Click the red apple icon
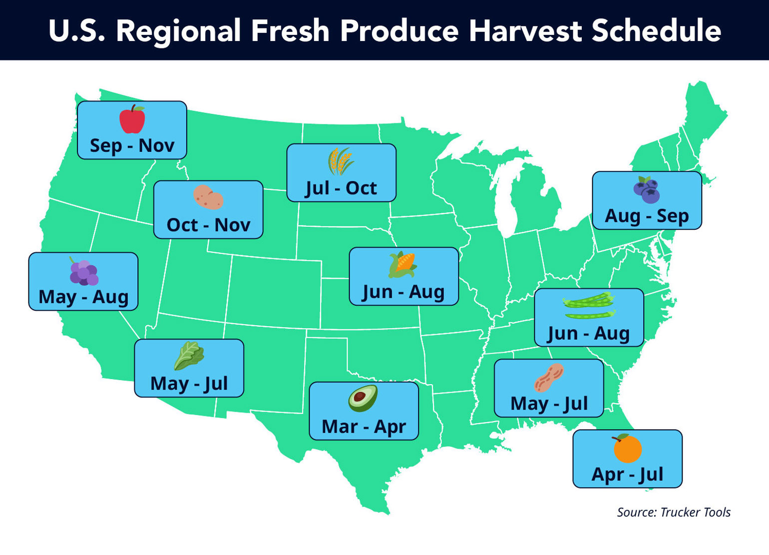pyautogui.click(x=132, y=119)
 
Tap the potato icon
pyautogui.click(x=208, y=197)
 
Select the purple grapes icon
pyautogui.click(x=83, y=272)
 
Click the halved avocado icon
pyautogui.click(x=363, y=398)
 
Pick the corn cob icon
pyautogui.click(x=403, y=265)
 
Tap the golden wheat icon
pyautogui.click(x=341, y=161)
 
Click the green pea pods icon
pyautogui.click(x=589, y=306)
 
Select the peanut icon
pyautogui.click(x=549, y=378)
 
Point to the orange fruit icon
pyautogui.click(x=627, y=448)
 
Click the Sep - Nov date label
pyautogui.click(x=132, y=145)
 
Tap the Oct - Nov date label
pyautogui.click(x=208, y=225)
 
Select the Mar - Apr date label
pyautogui.click(x=364, y=427)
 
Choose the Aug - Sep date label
pyautogui.click(x=647, y=216)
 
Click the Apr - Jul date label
pyautogui.click(x=627, y=474)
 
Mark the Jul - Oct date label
pyautogui.click(x=341, y=188)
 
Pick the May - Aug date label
pyautogui.click(x=83, y=297)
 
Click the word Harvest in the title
pyautogui.click(x=525, y=31)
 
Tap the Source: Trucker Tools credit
pyautogui.click(x=673, y=512)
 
